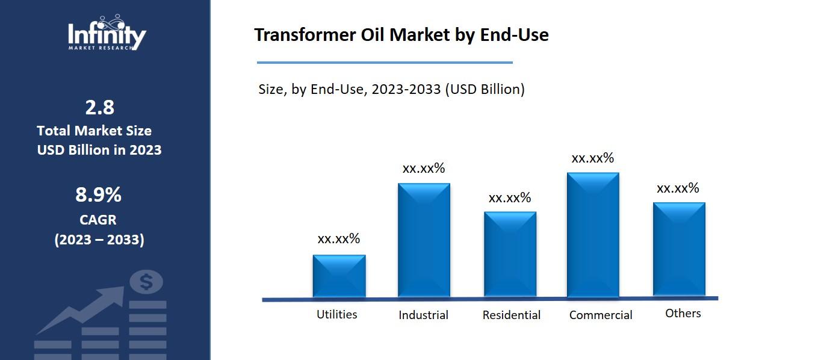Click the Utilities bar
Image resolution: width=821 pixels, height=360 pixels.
tap(339, 276)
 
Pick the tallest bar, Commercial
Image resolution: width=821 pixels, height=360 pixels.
tap(593, 235)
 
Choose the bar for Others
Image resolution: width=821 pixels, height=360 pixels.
tap(679, 249)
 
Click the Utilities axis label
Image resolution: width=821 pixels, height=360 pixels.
tap(337, 314)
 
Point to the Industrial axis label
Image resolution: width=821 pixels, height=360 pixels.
tap(423, 315)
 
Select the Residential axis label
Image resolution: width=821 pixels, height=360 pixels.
tap(511, 315)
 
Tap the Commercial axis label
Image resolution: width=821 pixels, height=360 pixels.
tap(601, 315)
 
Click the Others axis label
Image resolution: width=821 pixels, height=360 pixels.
tap(683, 313)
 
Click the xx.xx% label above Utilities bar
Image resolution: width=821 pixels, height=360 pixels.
tap(339, 238)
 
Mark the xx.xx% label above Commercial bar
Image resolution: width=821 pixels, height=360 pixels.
tap(593, 158)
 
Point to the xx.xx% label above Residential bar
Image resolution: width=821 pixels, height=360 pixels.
tap(510, 197)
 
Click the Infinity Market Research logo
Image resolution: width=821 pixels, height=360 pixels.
tap(107, 34)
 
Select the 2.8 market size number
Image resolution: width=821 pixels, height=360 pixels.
tap(100, 107)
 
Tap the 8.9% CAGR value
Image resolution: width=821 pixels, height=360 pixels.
tap(99, 195)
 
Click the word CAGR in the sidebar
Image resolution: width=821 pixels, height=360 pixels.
tap(98, 220)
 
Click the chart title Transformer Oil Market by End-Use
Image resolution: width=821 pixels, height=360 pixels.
tap(401, 35)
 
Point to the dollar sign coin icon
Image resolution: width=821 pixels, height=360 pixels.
tap(146, 282)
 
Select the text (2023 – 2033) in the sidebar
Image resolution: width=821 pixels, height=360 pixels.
tap(99, 240)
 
